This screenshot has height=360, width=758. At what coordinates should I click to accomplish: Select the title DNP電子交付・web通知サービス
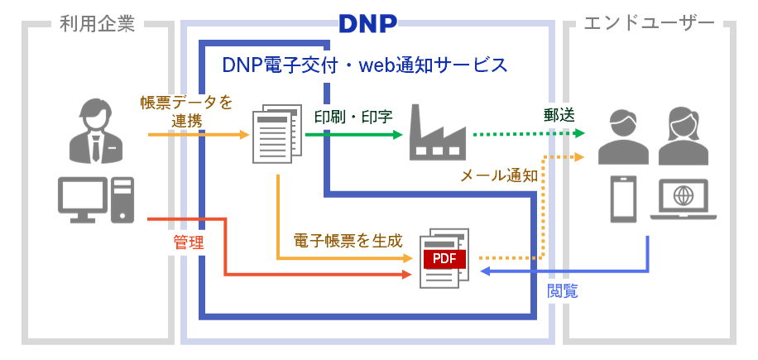click(x=365, y=65)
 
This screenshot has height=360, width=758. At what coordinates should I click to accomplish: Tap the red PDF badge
click(x=444, y=258)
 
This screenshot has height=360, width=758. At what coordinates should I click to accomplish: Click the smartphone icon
click(x=622, y=199)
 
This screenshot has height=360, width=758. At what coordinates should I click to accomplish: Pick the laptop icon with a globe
click(x=684, y=200)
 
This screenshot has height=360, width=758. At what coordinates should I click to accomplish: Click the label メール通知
click(x=499, y=175)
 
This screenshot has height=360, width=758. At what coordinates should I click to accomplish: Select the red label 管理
click(x=188, y=242)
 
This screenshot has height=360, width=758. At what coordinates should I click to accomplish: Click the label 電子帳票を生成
click(x=348, y=241)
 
